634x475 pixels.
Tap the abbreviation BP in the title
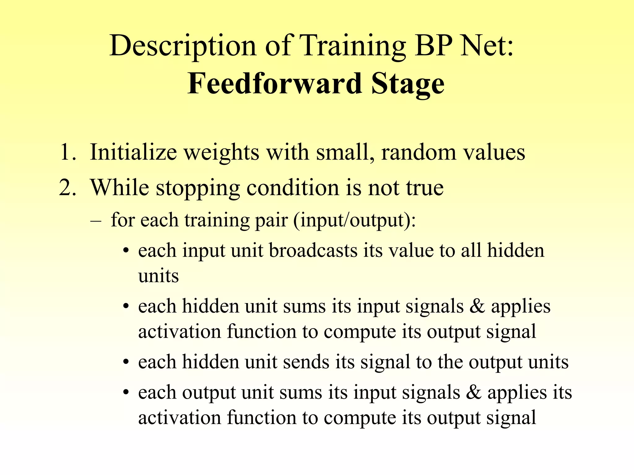click(x=433, y=46)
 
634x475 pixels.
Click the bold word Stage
click(x=408, y=84)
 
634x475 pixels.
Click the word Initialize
click(x=133, y=152)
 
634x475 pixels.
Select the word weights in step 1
click(x=221, y=152)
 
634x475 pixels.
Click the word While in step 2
click(x=119, y=187)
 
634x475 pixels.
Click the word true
click(x=425, y=187)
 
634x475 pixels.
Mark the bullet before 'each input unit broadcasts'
click(x=125, y=250)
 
